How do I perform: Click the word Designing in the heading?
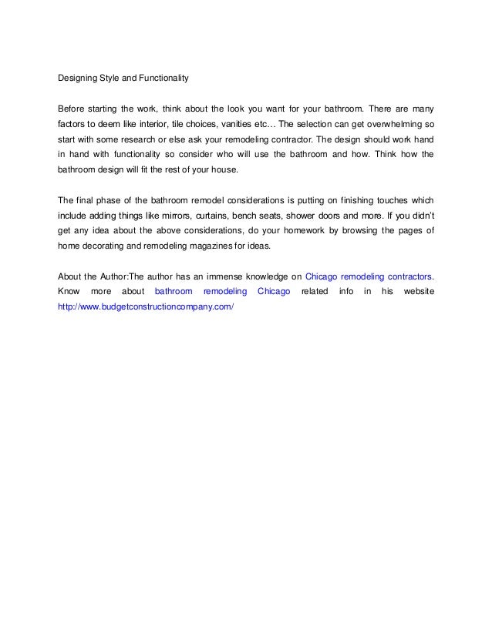point(79,77)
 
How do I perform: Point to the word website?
point(419,291)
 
